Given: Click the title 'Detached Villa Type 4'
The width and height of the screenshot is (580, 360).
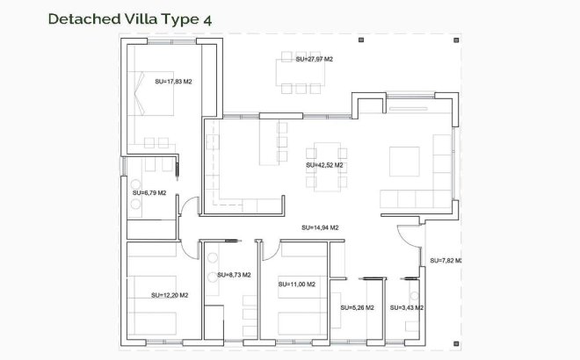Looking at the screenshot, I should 129,18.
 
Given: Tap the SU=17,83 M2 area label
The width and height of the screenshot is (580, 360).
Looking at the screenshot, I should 173,82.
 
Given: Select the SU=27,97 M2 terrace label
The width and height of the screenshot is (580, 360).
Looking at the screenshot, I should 314,59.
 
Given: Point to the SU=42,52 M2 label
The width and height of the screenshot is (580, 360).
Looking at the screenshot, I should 324,164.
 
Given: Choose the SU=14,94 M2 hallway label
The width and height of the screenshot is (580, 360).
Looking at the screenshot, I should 320,227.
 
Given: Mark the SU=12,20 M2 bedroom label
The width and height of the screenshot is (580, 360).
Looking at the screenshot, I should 170,295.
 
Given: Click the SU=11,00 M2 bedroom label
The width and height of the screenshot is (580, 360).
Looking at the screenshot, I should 297,284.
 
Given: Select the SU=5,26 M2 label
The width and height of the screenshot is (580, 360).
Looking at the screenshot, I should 357,307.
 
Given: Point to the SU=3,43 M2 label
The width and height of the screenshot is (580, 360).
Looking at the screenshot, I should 408,307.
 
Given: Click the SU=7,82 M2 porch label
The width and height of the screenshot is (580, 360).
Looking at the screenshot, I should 446,261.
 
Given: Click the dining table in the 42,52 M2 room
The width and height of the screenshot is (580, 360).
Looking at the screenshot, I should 324,165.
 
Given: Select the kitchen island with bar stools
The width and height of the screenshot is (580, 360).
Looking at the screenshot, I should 267,142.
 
